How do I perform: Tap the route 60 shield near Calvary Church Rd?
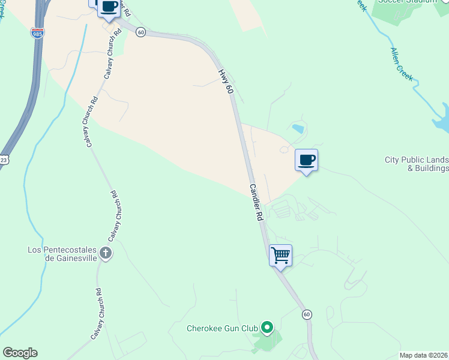coord(140,32)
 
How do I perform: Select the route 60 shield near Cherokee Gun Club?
coord(307,314)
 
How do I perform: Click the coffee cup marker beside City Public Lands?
coord(306,161)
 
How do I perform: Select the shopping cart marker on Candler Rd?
coord(280,256)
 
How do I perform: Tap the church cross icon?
coord(106,253)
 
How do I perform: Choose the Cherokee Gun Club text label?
coord(222,328)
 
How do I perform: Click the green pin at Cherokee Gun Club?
coord(267,328)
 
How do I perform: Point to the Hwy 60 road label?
coord(225,80)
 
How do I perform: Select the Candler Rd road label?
coord(256,204)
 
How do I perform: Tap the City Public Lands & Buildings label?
coord(417,164)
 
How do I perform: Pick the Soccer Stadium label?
coord(407,2)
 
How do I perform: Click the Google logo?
coord(20,353)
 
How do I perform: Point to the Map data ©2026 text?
coord(423,355)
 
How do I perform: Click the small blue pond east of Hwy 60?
coord(297,128)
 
